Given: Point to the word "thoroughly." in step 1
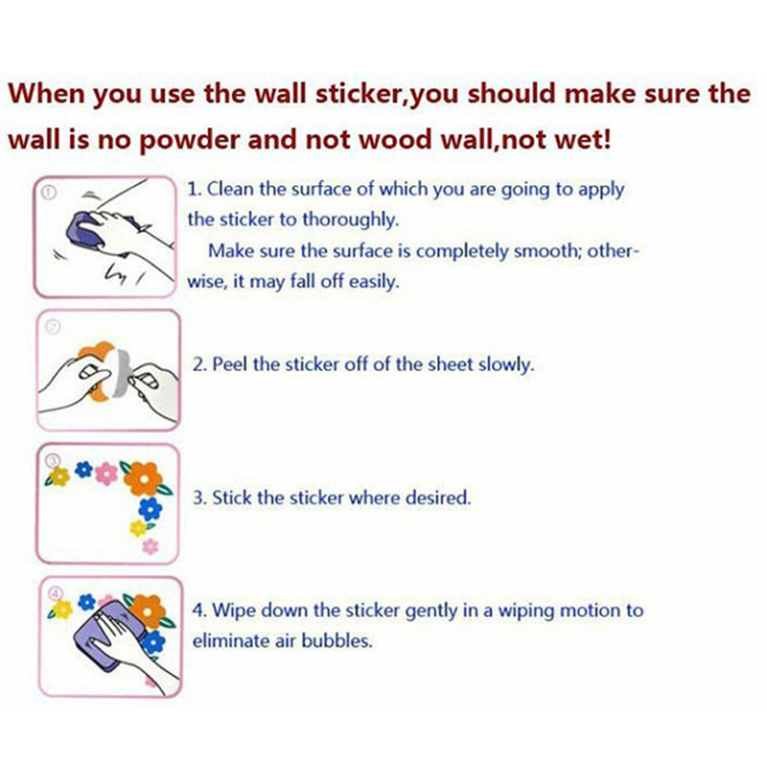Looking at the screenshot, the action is (351, 221).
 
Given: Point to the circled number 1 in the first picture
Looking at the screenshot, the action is (49, 193).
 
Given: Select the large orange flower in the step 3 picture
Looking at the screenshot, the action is (143, 477).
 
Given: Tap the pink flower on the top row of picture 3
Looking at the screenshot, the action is (106, 474).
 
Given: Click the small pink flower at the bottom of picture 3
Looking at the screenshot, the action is (151, 546).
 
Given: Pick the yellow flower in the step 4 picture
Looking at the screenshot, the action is (62, 610).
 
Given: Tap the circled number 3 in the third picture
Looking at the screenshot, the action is (53, 460).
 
